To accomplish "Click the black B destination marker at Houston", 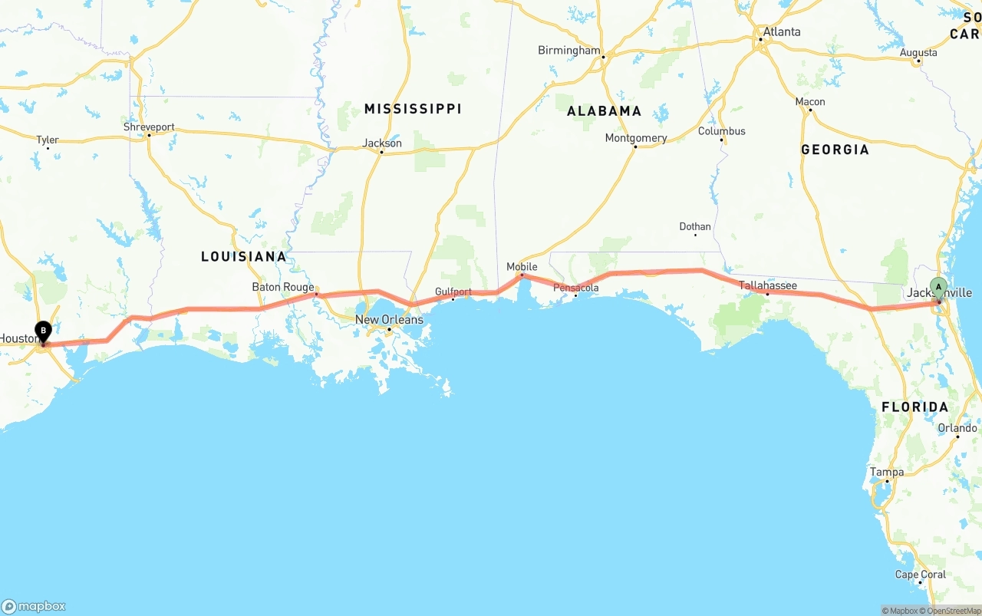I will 44,332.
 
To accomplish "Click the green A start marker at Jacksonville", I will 938,288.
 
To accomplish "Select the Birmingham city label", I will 568,51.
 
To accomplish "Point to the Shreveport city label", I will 149,127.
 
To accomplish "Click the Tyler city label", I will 48,140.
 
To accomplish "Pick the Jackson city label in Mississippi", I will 382,143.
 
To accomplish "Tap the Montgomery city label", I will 636,139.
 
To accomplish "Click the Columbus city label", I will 721,131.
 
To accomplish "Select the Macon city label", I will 810,102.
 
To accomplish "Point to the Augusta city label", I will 918,53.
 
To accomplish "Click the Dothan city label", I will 695,227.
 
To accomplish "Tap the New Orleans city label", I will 389,320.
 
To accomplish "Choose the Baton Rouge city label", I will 283,288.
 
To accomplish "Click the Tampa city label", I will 887,473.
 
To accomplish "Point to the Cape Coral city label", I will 921,575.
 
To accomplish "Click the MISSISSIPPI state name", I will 413,109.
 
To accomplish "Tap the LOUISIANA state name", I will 243,256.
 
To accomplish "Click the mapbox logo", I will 34,606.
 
